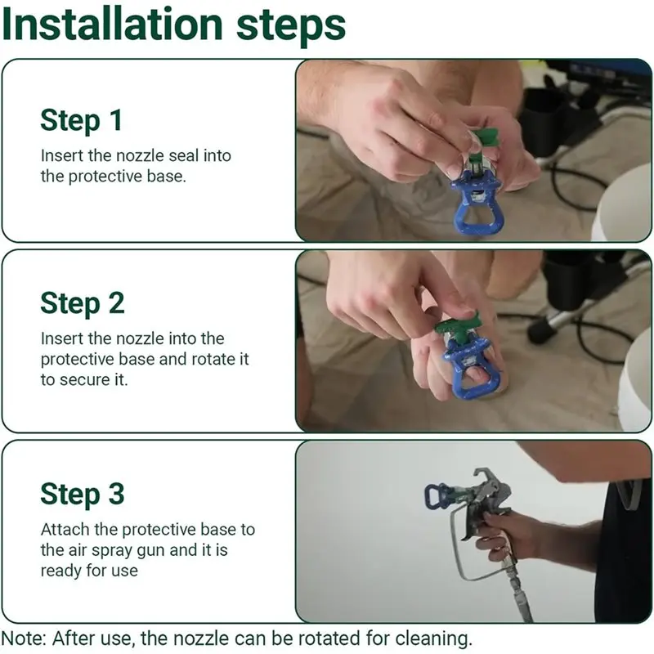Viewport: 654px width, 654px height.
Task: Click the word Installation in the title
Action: (112, 25)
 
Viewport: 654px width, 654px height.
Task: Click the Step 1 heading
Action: (81, 120)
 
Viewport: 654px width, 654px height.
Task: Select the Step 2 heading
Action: (83, 303)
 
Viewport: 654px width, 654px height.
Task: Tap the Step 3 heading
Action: (83, 495)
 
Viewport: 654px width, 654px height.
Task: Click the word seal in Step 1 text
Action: (181, 155)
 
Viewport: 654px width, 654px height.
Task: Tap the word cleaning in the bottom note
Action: (433, 638)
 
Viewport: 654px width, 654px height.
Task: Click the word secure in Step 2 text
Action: (83, 380)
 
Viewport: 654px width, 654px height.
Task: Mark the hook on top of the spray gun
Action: (484, 476)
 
